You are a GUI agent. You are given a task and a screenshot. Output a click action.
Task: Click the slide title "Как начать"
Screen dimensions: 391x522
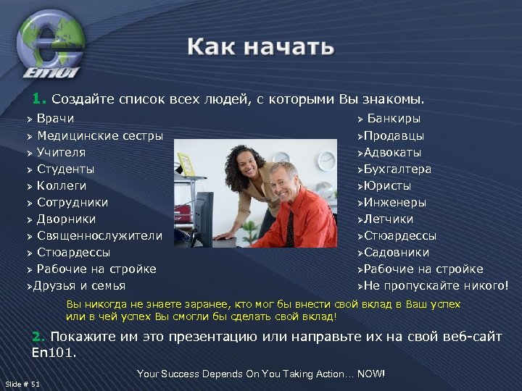tap(261, 48)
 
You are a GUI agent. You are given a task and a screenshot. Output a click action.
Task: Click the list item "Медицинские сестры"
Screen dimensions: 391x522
tap(99, 135)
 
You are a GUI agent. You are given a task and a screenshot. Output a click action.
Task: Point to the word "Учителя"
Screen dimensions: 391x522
tap(61, 152)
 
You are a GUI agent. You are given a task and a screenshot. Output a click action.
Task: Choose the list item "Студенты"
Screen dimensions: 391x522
tap(65, 169)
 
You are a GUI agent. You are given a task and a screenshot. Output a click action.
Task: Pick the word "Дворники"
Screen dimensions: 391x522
tap(66, 219)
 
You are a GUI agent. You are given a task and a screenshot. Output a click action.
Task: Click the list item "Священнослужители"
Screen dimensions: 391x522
tap(99, 235)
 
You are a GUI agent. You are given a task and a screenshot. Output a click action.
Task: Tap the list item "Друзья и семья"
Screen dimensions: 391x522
tap(79, 285)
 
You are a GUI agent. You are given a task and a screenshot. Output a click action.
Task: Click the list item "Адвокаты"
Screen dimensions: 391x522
tap(392, 152)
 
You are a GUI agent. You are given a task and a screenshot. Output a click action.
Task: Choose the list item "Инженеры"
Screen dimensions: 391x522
tap(394, 202)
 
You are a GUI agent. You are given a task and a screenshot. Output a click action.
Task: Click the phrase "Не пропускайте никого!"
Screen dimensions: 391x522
tap(436, 285)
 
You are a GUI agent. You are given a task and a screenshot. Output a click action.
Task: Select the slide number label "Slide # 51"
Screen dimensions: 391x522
tap(22, 383)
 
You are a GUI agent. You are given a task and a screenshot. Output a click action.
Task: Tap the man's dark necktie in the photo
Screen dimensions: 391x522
tap(290, 228)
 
